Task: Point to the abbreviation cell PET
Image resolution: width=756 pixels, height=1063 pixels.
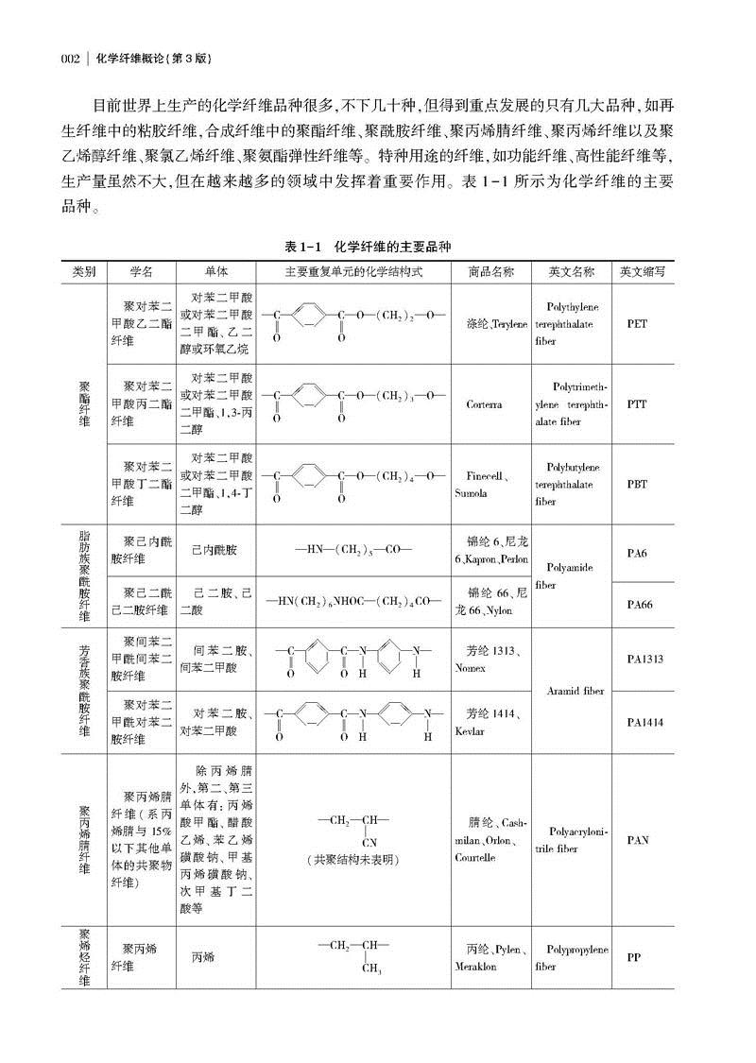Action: pyautogui.click(x=637, y=323)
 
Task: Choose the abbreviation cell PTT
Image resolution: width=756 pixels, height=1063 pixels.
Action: pyautogui.click(x=637, y=403)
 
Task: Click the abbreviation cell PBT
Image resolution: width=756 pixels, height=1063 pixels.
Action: pyautogui.click(x=637, y=484)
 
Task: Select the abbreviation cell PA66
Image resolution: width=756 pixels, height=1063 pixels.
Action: pyautogui.click(x=637, y=605)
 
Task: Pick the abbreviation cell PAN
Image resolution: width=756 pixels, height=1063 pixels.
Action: pyautogui.click(x=637, y=839)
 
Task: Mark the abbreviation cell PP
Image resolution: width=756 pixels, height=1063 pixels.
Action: pyautogui.click(x=634, y=957)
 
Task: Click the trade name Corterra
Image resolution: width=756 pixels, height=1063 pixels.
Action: pyautogui.click(x=484, y=403)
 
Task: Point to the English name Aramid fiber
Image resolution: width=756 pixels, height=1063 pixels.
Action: pyautogui.click(x=575, y=692)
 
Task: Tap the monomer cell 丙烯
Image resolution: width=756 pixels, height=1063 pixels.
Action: pyautogui.click(x=202, y=957)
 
